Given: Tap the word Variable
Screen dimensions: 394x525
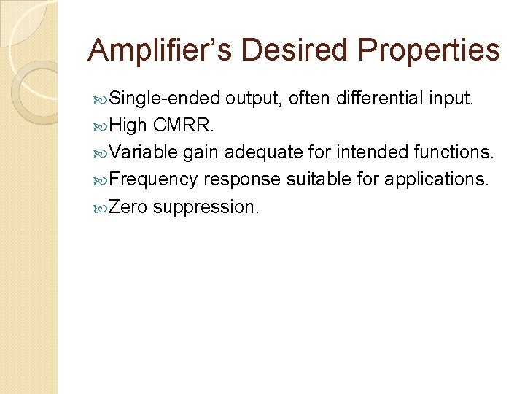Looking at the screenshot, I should point(143,152).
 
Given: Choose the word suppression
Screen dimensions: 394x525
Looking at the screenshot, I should point(206,206).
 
